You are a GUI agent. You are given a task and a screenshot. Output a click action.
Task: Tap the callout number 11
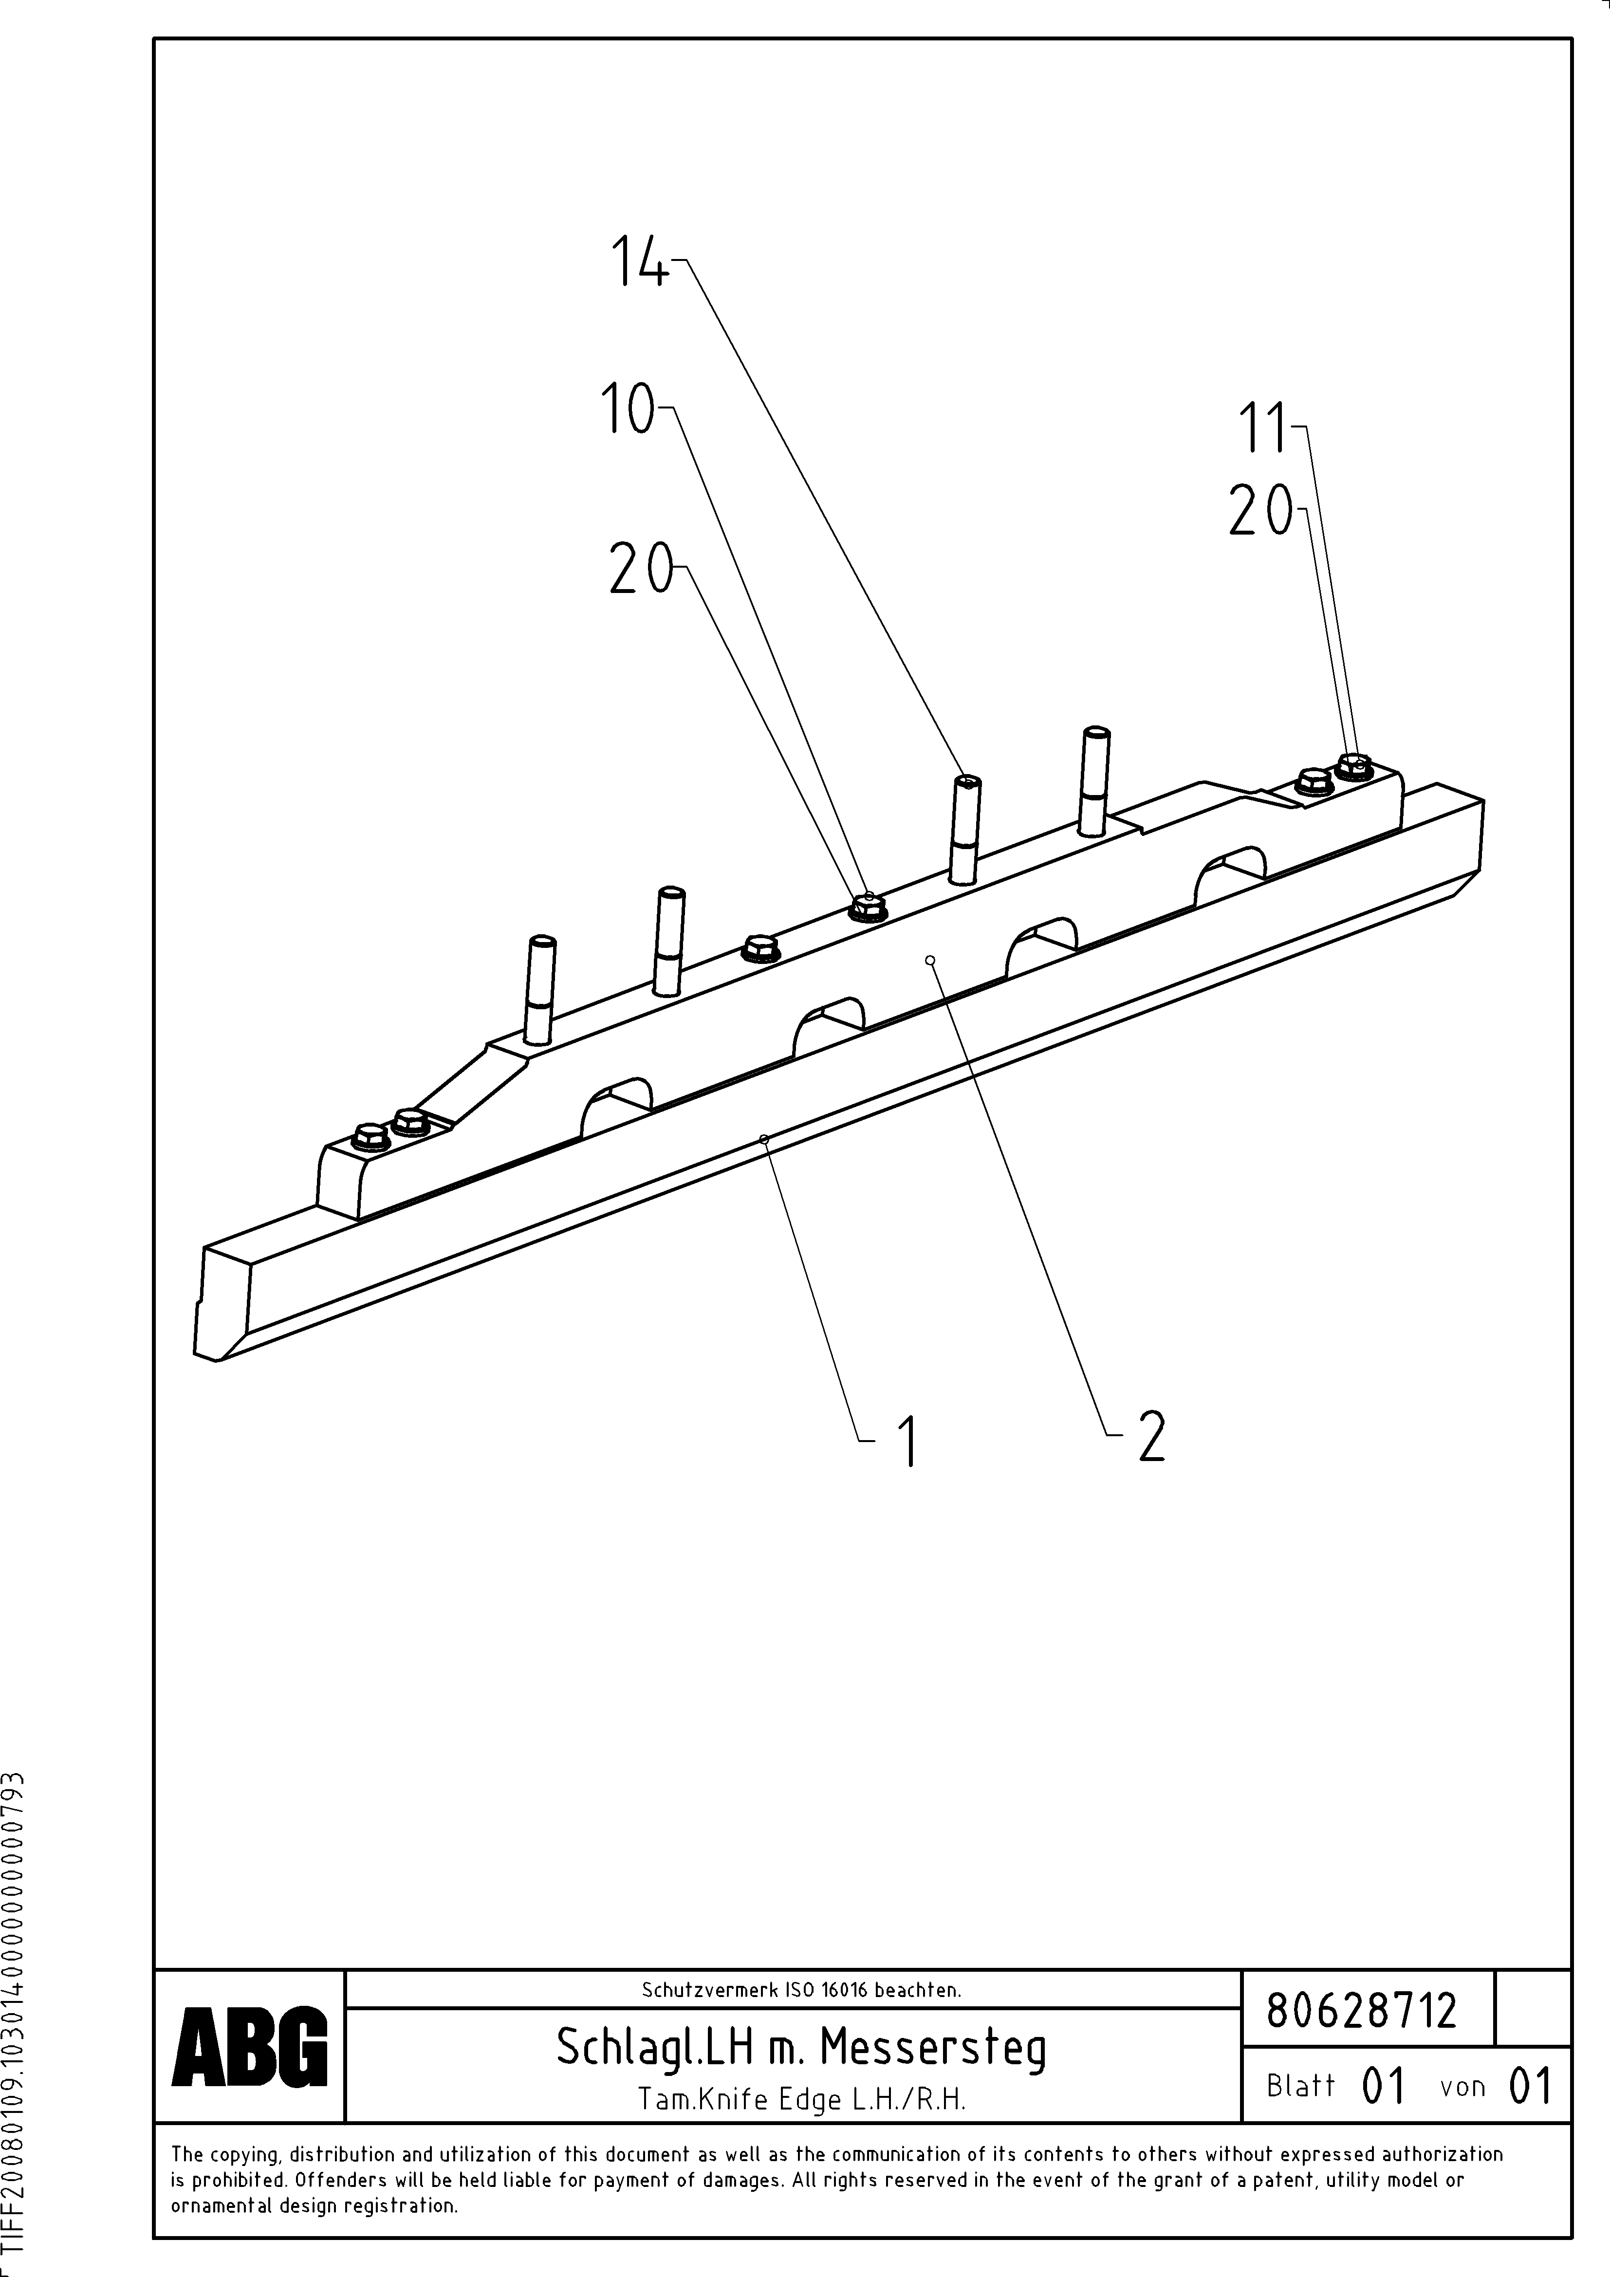coord(1261,428)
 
